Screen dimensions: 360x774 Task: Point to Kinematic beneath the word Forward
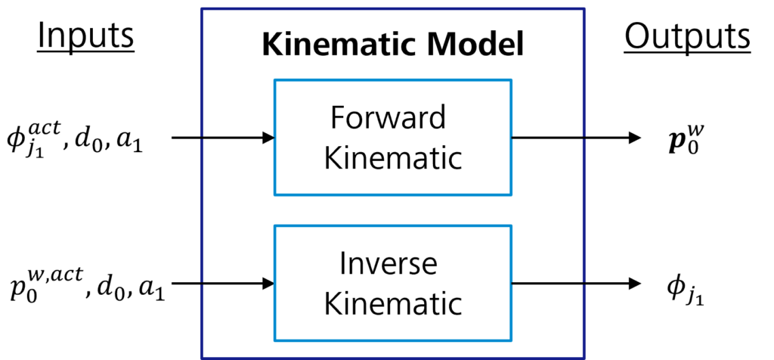click(x=392, y=160)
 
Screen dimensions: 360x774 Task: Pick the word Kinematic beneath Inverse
click(x=392, y=305)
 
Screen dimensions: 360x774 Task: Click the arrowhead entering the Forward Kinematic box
click(x=267, y=138)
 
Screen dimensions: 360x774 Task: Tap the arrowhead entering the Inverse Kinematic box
click(x=267, y=284)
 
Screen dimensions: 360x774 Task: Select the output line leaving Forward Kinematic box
click(x=548, y=138)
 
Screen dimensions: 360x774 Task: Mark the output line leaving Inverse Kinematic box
click(x=548, y=284)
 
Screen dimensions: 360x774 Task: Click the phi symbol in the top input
click(x=17, y=139)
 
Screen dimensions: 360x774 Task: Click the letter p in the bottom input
click(x=17, y=292)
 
